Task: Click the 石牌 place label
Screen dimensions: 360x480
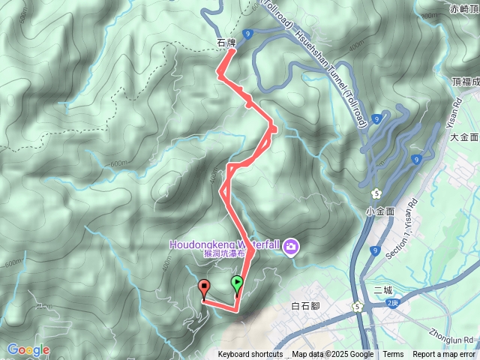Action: pos(226,43)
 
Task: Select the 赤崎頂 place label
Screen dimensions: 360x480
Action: pos(463,8)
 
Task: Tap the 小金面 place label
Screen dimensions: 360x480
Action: pos(380,211)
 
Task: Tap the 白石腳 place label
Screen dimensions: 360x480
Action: pos(305,306)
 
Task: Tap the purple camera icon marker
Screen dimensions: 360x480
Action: pos(291,246)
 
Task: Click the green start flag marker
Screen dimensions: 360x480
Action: pos(237,284)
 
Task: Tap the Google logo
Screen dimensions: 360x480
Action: pos(28,349)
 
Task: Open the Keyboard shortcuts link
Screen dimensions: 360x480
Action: pos(250,355)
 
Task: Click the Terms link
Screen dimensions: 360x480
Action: pos(393,355)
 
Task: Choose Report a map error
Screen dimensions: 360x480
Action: pos(444,355)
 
